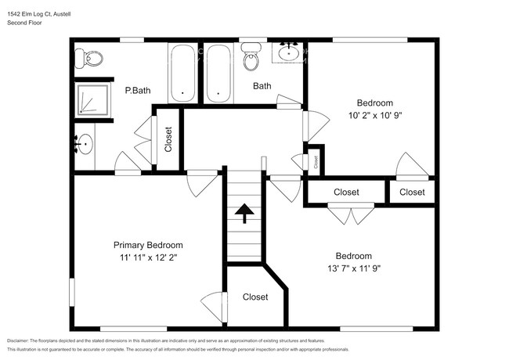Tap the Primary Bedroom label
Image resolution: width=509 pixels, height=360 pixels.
tap(148, 244)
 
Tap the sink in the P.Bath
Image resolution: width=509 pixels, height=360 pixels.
tap(85, 144)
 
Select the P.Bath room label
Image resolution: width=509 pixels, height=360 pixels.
tap(138, 91)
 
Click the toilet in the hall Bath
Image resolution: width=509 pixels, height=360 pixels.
tap(251, 57)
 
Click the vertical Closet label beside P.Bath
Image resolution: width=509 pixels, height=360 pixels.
tap(168, 139)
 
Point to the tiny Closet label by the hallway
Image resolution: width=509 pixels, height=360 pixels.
tap(316, 163)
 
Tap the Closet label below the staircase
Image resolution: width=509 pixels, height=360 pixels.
tap(255, 297)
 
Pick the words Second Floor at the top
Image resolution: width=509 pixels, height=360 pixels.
tap(24, 23)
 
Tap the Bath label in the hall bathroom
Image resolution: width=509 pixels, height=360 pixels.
tap(262, 86)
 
